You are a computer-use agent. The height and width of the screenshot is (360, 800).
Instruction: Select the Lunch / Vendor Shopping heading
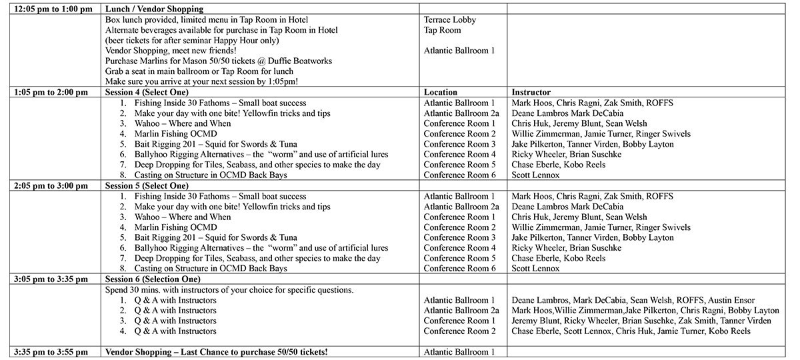(155, 9)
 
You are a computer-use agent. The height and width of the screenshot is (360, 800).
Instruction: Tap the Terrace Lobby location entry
(450, 20)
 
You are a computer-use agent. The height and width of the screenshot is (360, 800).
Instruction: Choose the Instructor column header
(531, 92)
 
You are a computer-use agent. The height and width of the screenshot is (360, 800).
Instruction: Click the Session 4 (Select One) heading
(147, 92)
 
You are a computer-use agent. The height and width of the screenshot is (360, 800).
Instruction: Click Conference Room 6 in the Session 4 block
(460, 175)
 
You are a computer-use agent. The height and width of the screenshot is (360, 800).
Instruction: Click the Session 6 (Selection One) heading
(153, 279)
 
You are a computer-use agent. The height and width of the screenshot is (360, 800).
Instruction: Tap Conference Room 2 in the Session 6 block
(460, 331)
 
